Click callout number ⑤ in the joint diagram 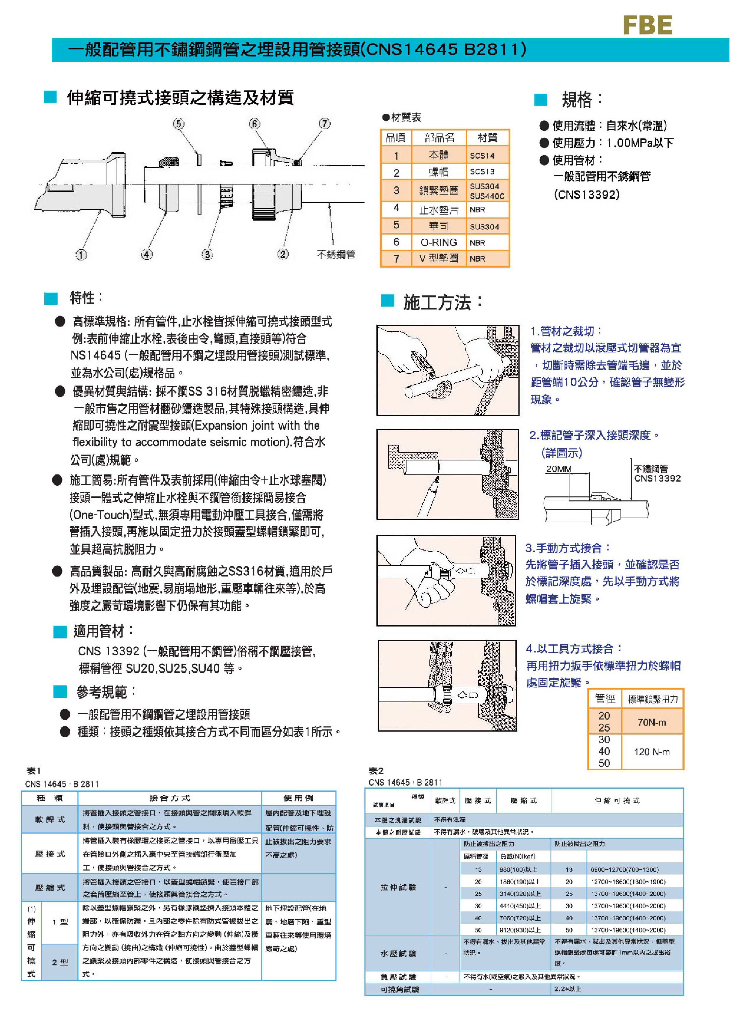click(179, 124)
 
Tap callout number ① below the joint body click(81, 255)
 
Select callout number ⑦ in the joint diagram click(325, 124)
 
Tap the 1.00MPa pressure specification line click(612, 143)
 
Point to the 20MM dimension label click(559, 469)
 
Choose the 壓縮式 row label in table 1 click(50, 887)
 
